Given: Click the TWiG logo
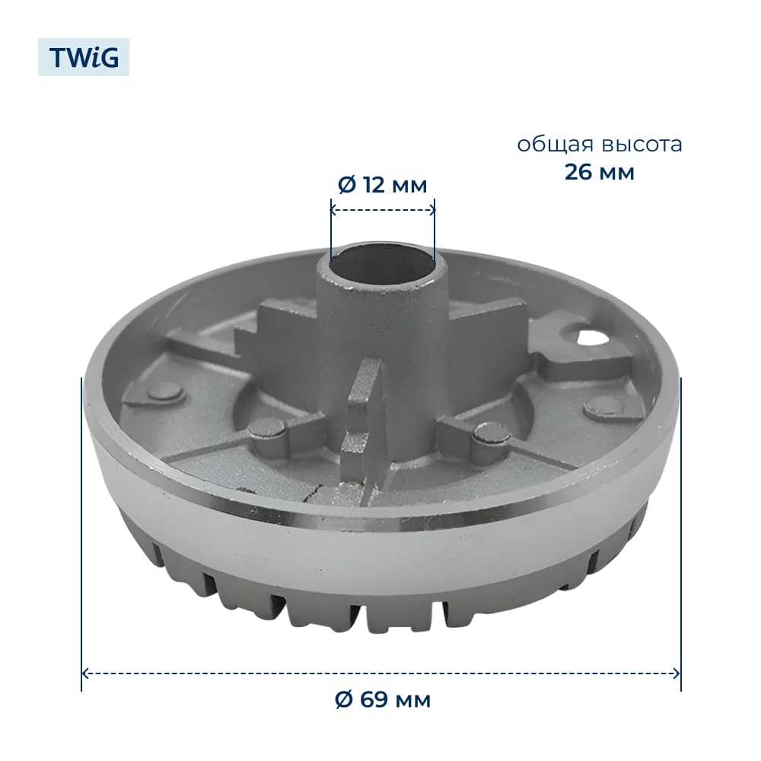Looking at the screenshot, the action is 84,57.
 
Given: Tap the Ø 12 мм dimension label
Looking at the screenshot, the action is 383,185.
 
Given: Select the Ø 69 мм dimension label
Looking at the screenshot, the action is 383,699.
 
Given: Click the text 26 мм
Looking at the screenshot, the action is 600,172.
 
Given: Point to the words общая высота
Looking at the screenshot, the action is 600,145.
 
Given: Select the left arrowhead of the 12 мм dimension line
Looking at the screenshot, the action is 334,210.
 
